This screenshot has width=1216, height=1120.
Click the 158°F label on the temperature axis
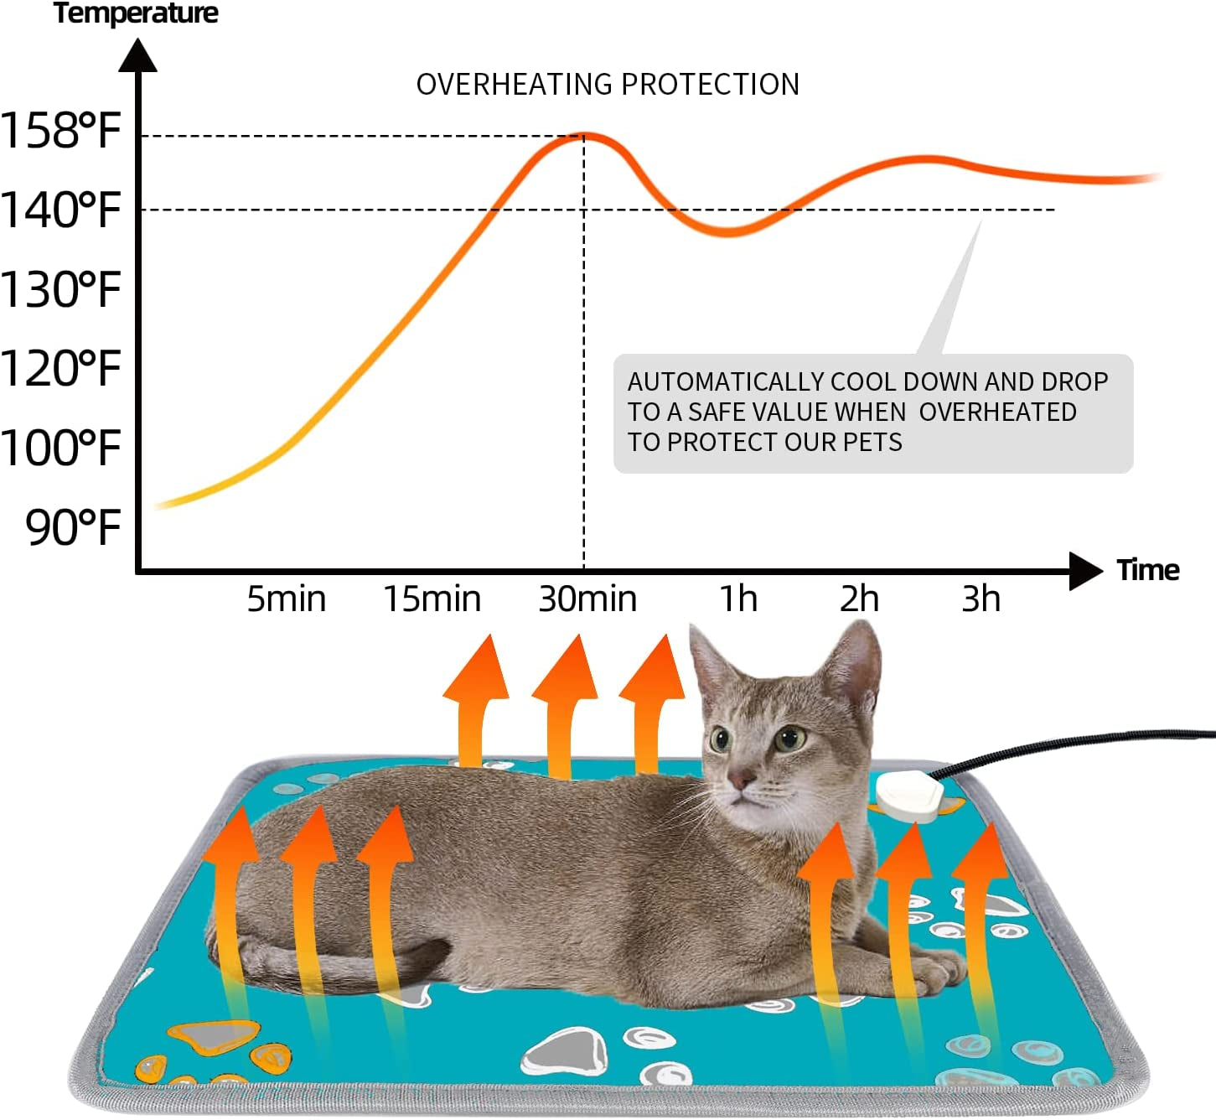click(60, 131)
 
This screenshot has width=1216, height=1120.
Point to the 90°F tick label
click(74, 527)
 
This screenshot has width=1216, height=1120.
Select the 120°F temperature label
click(60, 369)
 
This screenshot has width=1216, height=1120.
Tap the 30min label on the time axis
click(587, 599)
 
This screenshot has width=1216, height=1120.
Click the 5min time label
click(286, 599)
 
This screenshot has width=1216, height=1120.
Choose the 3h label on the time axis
click(981, 599)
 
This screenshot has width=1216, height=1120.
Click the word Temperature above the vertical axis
click(136, 13)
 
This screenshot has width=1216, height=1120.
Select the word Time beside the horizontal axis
click(1147, 570)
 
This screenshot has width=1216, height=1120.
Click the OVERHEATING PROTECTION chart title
click(608, 85)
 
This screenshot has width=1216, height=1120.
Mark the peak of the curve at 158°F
click(584, 135)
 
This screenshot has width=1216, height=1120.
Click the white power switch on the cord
click(909, 795)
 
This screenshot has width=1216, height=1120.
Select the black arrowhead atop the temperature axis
click(138, 56)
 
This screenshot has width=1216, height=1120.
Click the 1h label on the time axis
click(738, 599)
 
